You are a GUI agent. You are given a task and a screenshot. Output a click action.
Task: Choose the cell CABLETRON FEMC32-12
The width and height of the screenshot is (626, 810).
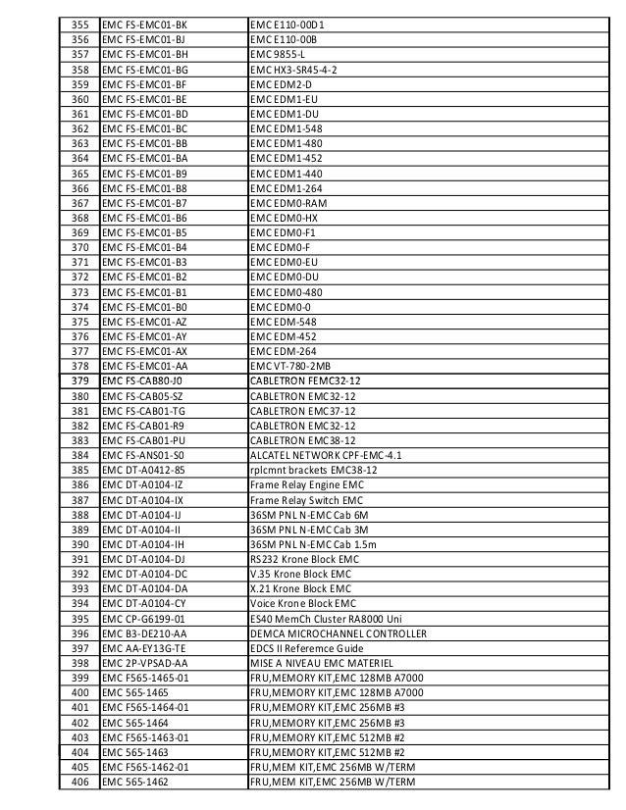tap(305, 380)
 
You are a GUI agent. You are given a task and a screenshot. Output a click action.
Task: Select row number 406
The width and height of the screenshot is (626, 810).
tap(80, 782)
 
